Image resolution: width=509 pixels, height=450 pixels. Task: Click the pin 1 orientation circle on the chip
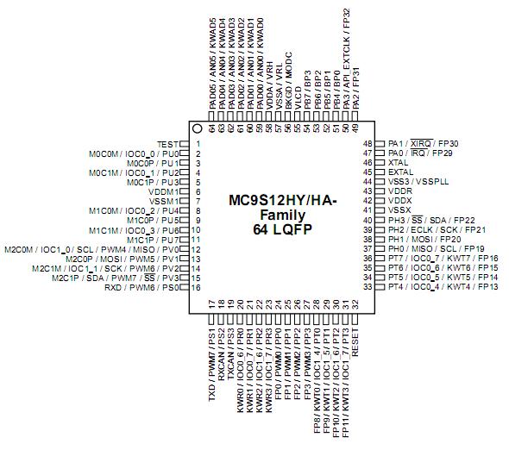coord(197,128)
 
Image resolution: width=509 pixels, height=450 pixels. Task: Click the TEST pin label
coord(168,144)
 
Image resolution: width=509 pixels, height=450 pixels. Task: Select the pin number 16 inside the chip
coord(196,287)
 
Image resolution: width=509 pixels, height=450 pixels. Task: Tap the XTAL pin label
coord(398,163)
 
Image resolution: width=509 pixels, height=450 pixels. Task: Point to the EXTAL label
coord(400,172)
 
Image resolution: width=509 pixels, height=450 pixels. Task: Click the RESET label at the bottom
coord(355,342)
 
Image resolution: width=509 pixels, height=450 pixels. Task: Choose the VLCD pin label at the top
coord(298,97)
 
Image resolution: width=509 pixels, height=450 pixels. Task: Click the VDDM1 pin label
coord(164,191)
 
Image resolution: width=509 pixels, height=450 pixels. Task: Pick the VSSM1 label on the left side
coord(164,201)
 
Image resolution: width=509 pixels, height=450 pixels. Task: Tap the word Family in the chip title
coord(283,215)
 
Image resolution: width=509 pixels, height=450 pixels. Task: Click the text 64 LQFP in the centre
coord(282,229)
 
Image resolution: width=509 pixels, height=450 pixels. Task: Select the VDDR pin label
coord(400,191)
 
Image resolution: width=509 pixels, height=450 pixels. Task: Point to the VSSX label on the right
coord(399,209)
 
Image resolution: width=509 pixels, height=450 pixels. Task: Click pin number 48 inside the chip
coord(368,144)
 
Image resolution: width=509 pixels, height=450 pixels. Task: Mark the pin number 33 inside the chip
coord(368,287)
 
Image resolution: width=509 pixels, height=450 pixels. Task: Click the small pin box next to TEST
coord(184,144)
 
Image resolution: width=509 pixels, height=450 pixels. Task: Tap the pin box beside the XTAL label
coord(380,163)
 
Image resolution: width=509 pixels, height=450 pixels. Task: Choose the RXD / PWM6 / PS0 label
coord(141,287)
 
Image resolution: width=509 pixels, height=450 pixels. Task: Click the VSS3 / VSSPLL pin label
coord(418,181)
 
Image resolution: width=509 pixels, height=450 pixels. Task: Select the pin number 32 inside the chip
coord(355,304)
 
